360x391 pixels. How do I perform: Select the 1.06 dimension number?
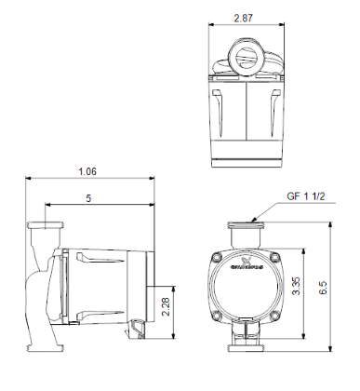point(88,171)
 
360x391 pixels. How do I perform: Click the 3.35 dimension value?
point(297,286)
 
